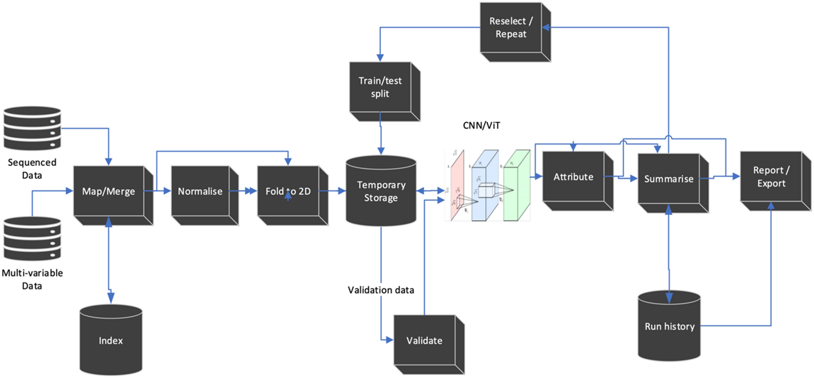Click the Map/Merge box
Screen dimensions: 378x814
(109, 191)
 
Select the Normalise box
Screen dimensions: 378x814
(200, 191)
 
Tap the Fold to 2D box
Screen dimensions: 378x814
(288, 191)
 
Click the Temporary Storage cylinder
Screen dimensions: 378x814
(381, 191)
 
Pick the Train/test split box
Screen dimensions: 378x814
(380, 87)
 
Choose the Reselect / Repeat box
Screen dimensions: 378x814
(511, 28)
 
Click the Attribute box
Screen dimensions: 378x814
(573, 177)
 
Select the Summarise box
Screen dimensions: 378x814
(668, 179)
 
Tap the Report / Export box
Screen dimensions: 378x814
(771, 177)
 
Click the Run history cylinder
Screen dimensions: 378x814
(669, 326)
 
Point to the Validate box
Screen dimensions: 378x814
(424, 340)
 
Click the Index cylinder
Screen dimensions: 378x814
(111, 340)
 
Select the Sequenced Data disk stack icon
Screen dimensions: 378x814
(32, 128)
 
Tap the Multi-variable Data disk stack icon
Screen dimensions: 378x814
(32, 239)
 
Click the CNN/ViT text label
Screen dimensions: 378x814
(481, 125)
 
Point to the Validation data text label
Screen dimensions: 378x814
(381, 290)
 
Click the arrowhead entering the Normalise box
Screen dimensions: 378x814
(167, 191)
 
